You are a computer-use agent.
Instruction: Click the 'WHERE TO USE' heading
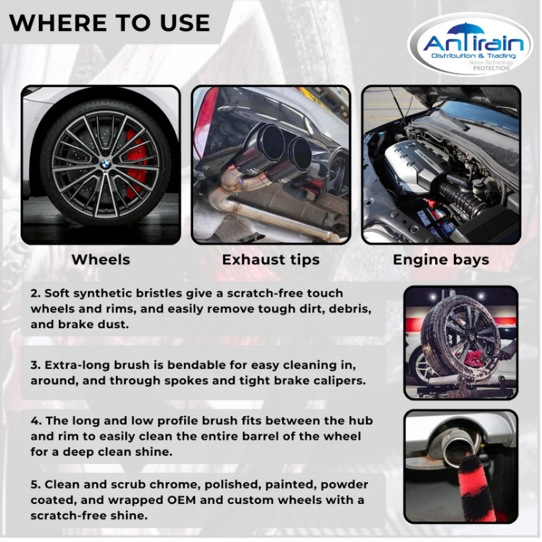coord(110,23)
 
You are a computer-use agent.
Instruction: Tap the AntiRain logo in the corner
coord(470,44)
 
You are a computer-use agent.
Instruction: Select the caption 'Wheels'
coord(101,259)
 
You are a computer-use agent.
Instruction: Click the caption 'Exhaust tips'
coord(270,260)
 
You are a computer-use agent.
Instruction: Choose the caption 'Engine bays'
coord(441,260)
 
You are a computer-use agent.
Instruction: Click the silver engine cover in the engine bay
coord(415,162)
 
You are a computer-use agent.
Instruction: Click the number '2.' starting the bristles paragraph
coord(35,293)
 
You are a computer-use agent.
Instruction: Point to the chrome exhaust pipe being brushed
coord(456,446)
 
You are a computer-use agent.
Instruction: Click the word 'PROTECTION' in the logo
coord(491,68)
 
